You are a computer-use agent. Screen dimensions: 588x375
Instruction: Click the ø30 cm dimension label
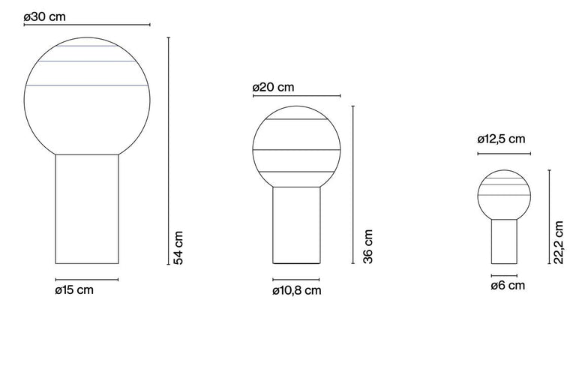tap(44, 16)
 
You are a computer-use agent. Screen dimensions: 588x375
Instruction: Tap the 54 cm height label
tap(178, 247)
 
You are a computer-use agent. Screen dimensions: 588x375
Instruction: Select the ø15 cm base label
tap(74, 289)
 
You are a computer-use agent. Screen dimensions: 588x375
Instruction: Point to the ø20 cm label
tap(273, 87)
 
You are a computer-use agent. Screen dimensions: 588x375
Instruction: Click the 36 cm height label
tap(367, 247)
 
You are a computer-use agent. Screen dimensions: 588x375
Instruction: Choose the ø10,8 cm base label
tap(297, 291)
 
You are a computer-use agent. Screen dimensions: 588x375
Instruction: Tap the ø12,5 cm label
tap(501, 139)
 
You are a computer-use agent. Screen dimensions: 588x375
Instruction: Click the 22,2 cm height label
tap(558, 242)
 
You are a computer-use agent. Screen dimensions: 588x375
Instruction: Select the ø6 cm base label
tap(508, 285)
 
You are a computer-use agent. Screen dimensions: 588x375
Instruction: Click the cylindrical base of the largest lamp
tap(87, 209)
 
